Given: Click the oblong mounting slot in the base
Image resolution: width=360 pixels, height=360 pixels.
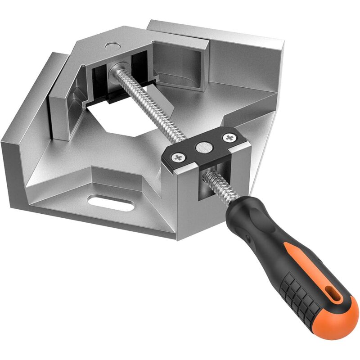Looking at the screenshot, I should [x=111, y=203].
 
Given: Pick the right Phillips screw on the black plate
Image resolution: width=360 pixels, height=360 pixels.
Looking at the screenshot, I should [x=230, y=138].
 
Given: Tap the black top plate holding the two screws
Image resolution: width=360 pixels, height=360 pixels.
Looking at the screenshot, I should [x=202, y=148].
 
